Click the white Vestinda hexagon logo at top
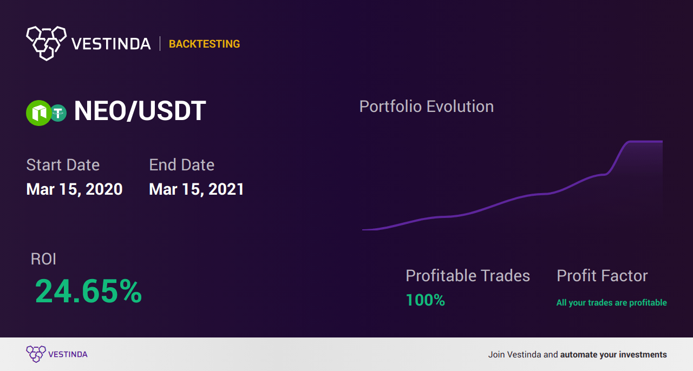tap(46, 42)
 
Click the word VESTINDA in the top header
tap(111, 44)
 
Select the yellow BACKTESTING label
tap(204, 44)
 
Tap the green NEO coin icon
tap(38, 113)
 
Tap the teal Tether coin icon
tap(58, 113)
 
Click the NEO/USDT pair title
tap(140, 111)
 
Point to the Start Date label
tap(63, 165)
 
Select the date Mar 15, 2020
tap(74, 189)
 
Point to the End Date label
tap(181, 165)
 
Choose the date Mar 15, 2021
tap(197, 189)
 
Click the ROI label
tap(43, 259)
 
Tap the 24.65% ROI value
tap(88, 291)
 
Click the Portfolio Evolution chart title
tap(426, 107)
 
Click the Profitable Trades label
tap(468, 276)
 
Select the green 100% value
tap(425, 300)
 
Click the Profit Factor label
tap(602, 276)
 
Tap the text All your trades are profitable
tap(611, 303)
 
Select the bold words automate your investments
tap(613, 355)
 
